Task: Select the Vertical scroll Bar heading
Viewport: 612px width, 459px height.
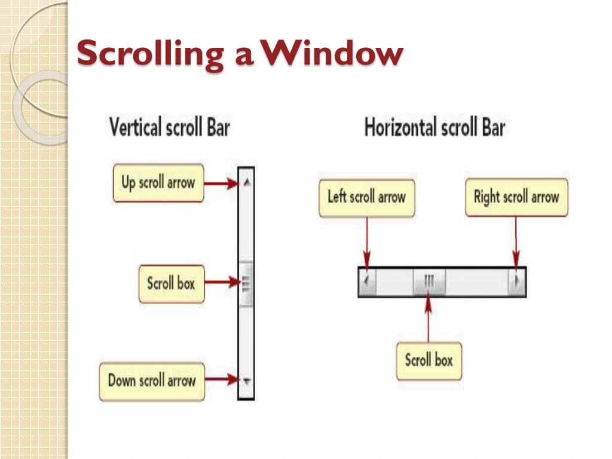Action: [169, 127]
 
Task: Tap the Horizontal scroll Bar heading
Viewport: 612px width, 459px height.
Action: [434, 127]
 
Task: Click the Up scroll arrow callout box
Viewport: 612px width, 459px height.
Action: [158, 183]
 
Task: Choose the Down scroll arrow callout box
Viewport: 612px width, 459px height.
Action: [152, 380]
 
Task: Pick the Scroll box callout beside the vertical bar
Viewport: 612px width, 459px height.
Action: [171, 283]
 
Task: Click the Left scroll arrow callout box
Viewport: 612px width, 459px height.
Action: [366, 197]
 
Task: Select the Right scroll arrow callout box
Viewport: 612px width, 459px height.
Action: [516, 197]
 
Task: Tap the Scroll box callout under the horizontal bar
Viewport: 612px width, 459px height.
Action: [429, 360]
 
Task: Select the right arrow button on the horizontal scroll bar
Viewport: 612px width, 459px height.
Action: [517, 280]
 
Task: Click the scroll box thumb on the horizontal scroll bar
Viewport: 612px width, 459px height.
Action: [429, 280]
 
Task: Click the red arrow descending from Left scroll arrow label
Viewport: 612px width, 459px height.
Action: [366, 242]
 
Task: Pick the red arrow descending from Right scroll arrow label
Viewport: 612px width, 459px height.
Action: [515, 242]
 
